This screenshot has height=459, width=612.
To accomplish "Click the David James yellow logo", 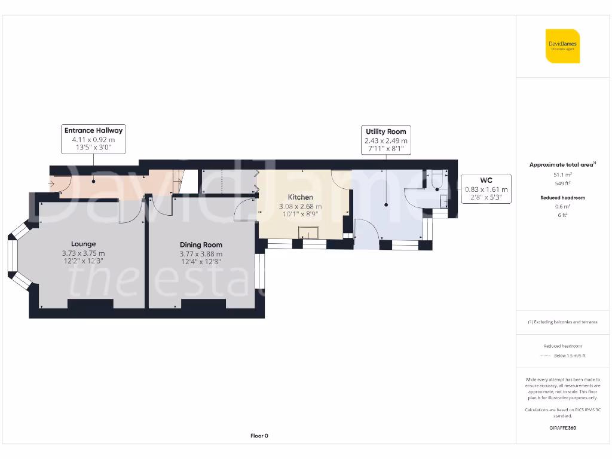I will coord(562,46).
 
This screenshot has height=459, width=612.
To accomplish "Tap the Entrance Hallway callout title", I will coord(93,130).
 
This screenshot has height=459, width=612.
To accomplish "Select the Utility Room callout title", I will coord(385,131).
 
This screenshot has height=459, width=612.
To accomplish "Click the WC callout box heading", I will coord(486,180).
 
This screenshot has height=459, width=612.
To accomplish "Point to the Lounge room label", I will coord(83,244).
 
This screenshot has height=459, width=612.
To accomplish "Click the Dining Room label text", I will coord(201,244).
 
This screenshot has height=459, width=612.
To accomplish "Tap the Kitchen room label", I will coord(300,197).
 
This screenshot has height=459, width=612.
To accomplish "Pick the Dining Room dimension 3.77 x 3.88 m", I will coord(201,253).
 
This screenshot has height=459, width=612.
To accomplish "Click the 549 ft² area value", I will coord(562,183).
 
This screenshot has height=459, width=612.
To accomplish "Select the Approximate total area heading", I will coord(562,165).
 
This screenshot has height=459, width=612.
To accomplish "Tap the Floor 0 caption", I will coord(259,436).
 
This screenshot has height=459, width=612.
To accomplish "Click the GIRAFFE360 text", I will coord(562,428).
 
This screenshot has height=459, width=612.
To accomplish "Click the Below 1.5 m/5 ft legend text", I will coord(570,356).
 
